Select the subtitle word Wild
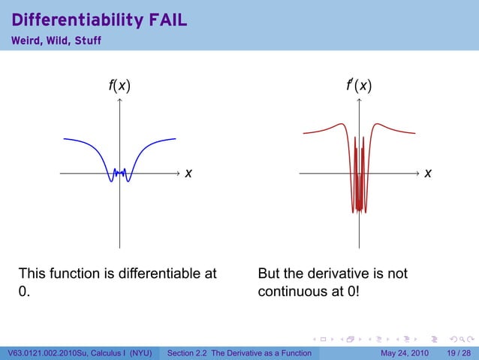(59, 39)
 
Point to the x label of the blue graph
(188, 174)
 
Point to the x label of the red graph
(427, 174)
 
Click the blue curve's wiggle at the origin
(119, 173)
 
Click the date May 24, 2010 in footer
(405, 353)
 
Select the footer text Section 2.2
(191, 353)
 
